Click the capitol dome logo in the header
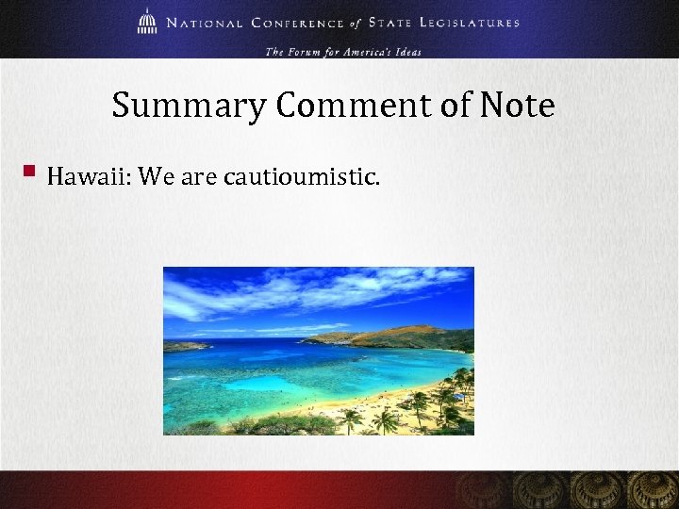pos(146,21)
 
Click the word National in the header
pos(205,23)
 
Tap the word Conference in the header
pos(303,23)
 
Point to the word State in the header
pos(393,23)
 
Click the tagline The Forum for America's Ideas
pos(343,51)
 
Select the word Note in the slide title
pos(517,105)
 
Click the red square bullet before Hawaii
pos(29,172)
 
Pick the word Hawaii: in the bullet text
pos(88,176)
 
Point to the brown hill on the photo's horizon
pos(396,335)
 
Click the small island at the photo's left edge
pos(184,346)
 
